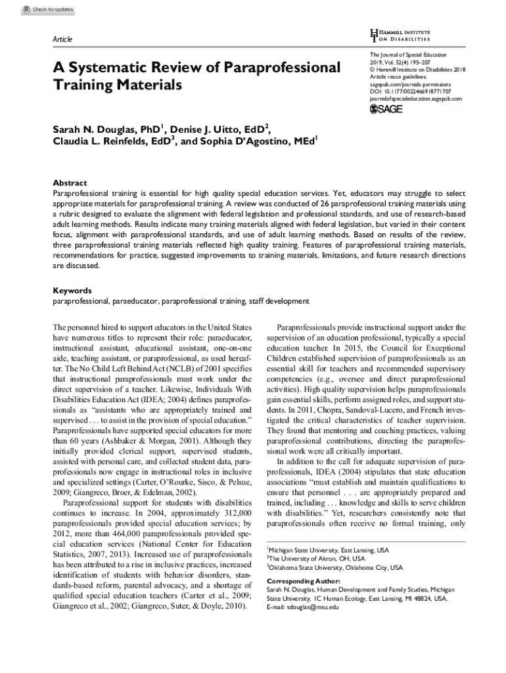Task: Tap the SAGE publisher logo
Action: pyautogui.click(x=388, y=108)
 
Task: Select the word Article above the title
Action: pyautogui.click(x=62, y=40)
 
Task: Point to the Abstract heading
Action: pyautogui.click(x=70, y=183)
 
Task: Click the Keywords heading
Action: pyautogui.click(x=72, y=290)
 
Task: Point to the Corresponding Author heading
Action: pyautogui.click(x=304, y=582)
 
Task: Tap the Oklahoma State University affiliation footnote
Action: pyautogui.click(x=334, y=567)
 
